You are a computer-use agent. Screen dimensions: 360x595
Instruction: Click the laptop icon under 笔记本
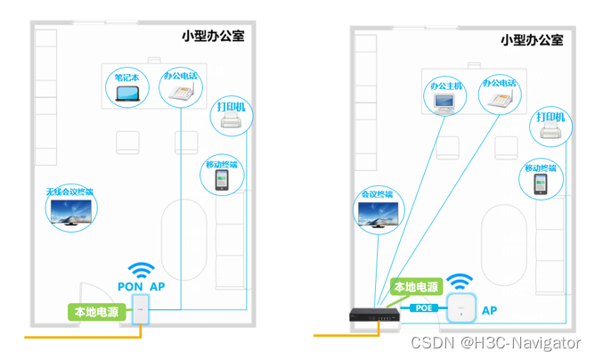click(x=128, y=95)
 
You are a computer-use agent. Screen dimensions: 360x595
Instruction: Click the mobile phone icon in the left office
click(x=221, y=180)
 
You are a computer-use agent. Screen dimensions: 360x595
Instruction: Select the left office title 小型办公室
click(x=211, y=37)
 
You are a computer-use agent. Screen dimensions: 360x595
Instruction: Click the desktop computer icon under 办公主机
click(x=445, y=103)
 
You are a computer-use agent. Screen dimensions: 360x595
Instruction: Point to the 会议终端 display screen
click(x=377, y=214)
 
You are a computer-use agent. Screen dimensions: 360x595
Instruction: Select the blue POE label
click(x=423, y=308)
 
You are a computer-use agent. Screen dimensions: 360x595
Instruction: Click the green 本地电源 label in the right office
click(x=416, y=287)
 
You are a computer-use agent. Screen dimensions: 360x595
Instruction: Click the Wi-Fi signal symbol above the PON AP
click(x=141, y=270)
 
